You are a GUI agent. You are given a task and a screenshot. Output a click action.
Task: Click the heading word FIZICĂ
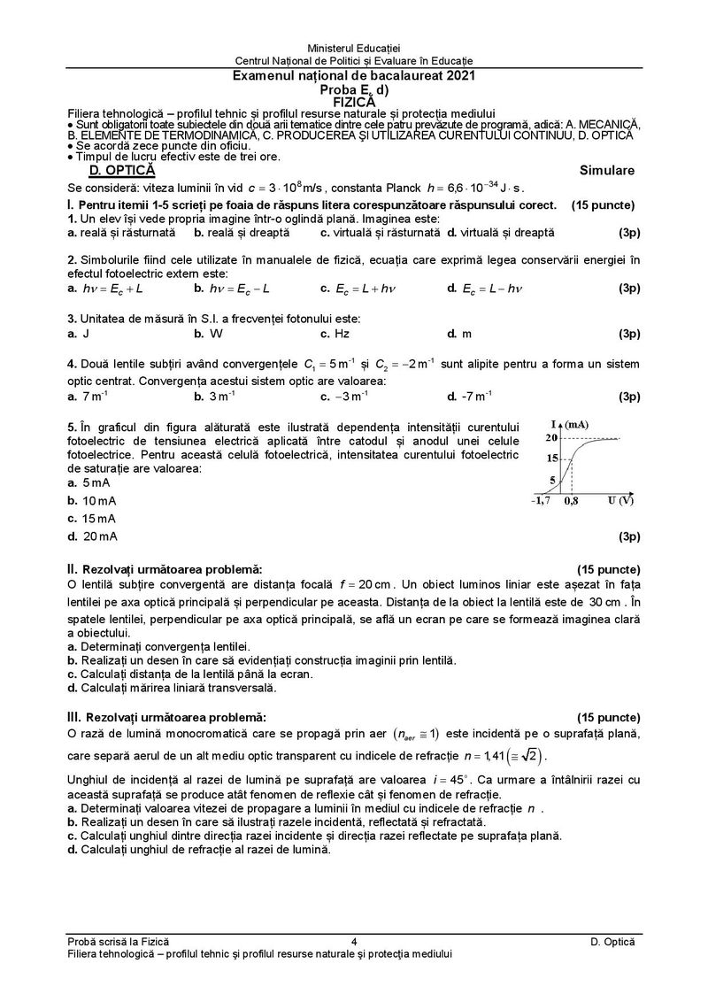click(x=353, y=102)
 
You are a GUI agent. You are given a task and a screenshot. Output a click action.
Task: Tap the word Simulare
click(x=607, y=170)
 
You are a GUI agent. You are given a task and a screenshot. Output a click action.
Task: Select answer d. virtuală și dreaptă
click(x=501, y=232)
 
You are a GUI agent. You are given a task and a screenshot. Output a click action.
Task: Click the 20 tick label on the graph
click(x=551, y=438)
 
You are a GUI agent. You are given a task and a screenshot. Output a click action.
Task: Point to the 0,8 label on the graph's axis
click(x=572, y=501)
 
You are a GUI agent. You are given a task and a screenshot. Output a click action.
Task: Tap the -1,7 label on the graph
click(x=540, y=501)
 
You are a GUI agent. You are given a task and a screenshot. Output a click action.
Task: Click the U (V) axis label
click(x=620, y=501)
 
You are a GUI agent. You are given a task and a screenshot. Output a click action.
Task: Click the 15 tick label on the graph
click(x=551, y=458)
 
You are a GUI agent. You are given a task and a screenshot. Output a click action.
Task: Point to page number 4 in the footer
click(x=353, y=942)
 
